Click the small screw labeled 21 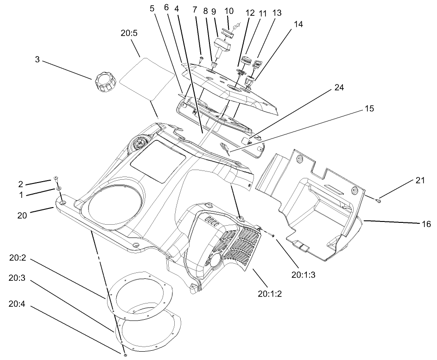378,201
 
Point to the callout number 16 425,224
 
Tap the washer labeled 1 59,189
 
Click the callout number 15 370,109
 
